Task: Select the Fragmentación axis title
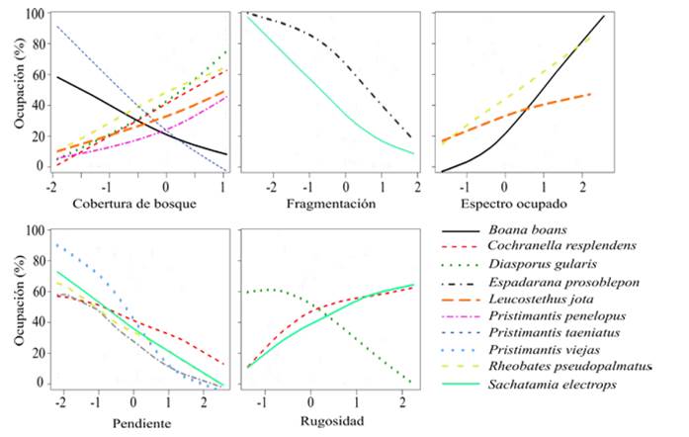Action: pyautogui.click(x=331, y=203)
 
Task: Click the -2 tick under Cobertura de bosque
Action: pyautogui.click(x=50, y=185)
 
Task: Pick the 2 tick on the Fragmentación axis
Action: pyautogui.click(x=418, y=185)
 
